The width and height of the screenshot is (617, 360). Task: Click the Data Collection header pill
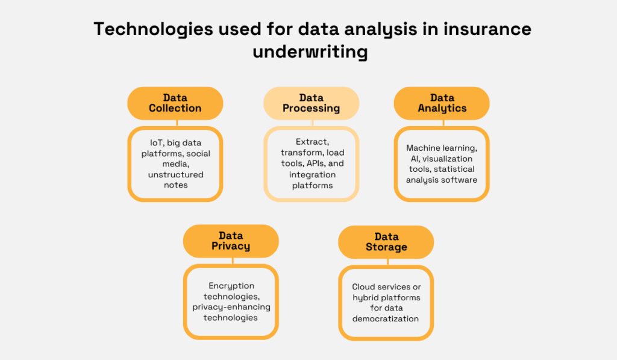[x=175, y=103]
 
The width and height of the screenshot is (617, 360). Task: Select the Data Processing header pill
[x=312, y=103]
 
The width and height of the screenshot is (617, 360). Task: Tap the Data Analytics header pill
[x=442, y=103]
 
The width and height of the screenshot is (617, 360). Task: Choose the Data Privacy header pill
[x=231, y=241]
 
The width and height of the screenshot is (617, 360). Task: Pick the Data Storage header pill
[x=386, y=242]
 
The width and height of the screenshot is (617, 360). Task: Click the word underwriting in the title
[x=310, y=52]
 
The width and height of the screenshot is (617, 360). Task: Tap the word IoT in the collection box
[x=157, y=143]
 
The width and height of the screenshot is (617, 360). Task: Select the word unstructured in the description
[x=176, y=175]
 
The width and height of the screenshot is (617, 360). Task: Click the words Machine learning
[x=441, y=148]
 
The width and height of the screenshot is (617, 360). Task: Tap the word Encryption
[x=231, y=286]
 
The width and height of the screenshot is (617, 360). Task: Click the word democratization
[x=386, y=319]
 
